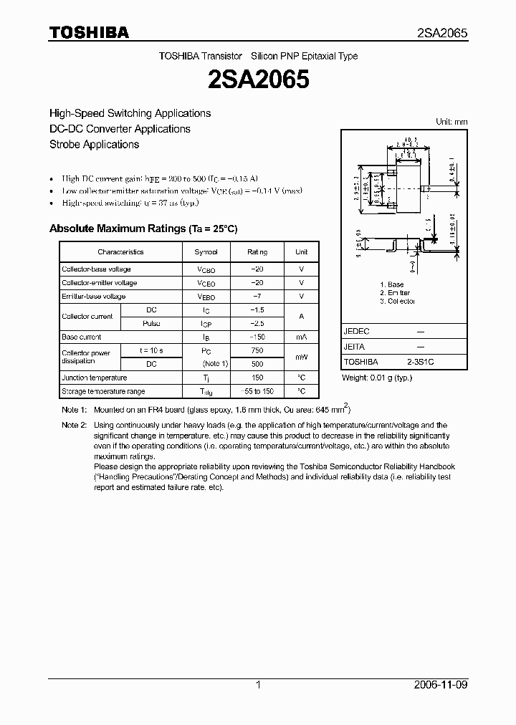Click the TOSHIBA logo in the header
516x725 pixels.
click(x=89, y=33)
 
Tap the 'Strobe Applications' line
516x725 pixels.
click(x=94, y=144)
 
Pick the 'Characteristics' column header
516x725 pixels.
click(x=120, y=252)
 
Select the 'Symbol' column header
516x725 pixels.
click(x=206, y=252)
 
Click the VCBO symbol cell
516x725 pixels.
click(x=206, y=269)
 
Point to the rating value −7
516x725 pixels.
click(x=257, y=296)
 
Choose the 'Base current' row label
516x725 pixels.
click(x=82, y=337)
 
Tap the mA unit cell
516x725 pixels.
click(x=301, y=337)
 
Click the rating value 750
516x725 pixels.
click(x=257, y=350)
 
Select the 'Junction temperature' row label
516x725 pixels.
click(x=94, y=378)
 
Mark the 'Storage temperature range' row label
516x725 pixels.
click(x=103, y=391)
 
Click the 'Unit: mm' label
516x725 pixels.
click(x=451, y=122)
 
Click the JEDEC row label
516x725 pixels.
click(x=357, y=332)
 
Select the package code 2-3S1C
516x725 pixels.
click(x=420, y=362)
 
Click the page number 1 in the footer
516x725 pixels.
click(x=258, y=685)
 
